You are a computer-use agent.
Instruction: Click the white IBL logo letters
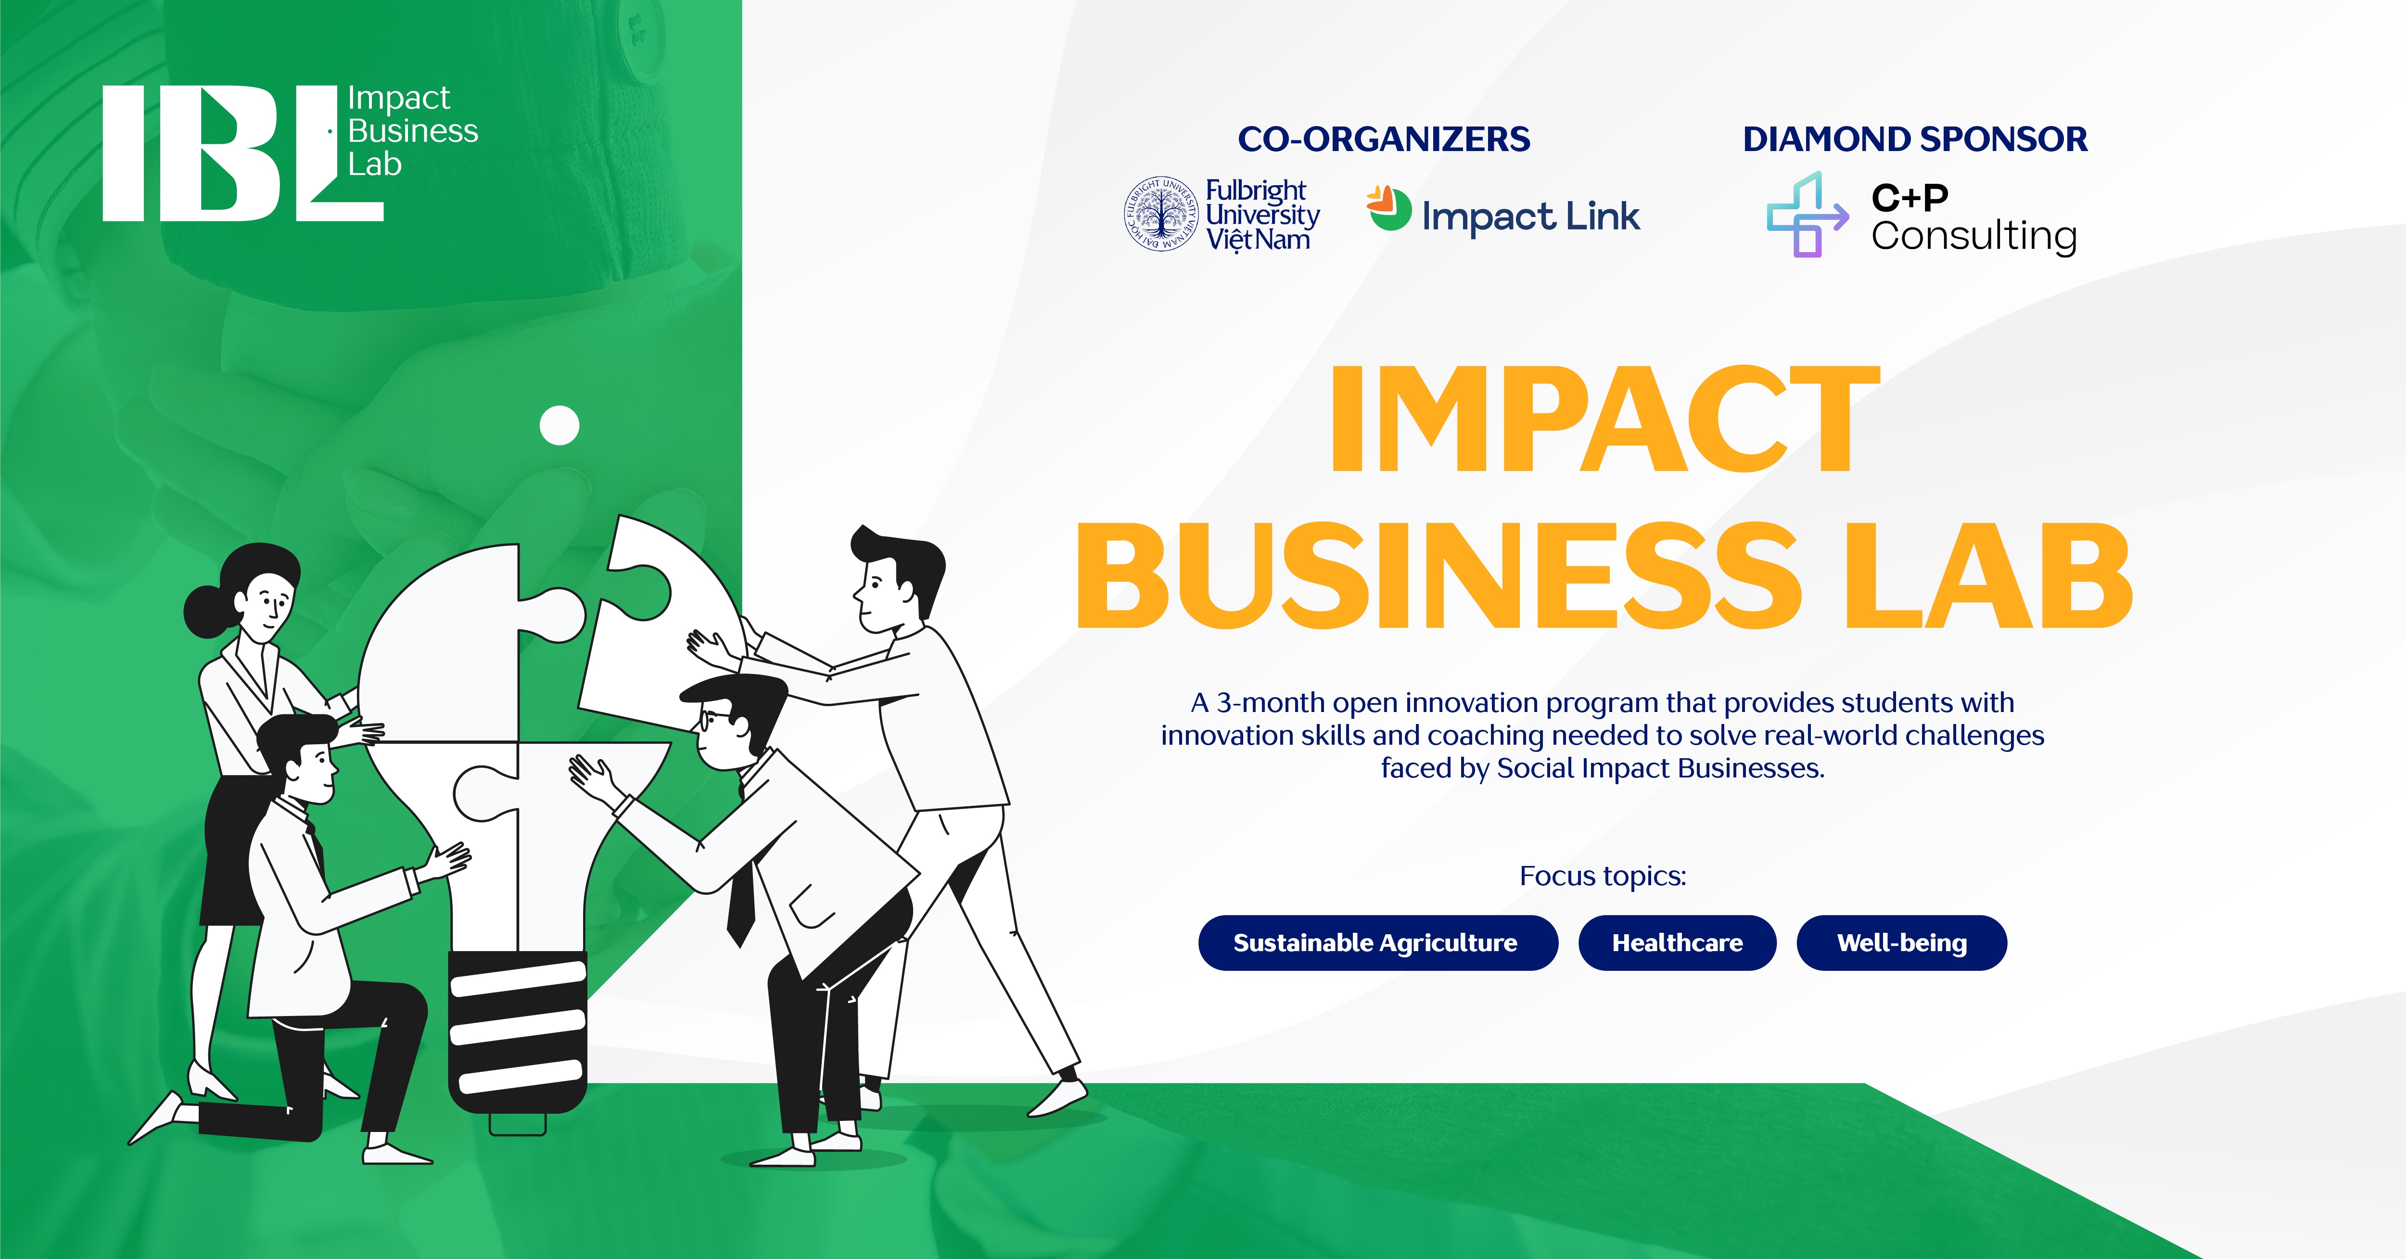coord(243,153)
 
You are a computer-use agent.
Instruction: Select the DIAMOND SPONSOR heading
coord(1915,139)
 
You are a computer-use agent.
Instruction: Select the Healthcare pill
coord(1678,942)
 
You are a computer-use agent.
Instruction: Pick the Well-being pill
coord(1902,942)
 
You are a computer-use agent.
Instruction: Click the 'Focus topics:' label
coord(1603,876)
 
